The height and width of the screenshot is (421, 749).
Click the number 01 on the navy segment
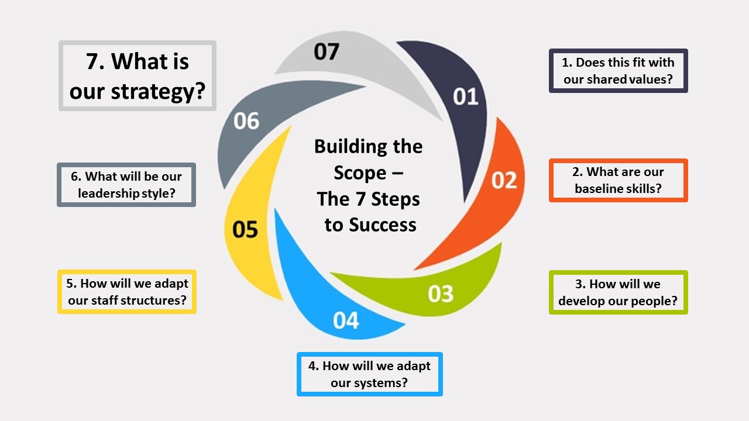pyautogui.click(x=466, y=96)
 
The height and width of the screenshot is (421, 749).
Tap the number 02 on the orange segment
pyautogui.click(x=504, y=180)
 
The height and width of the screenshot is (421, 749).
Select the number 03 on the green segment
pyautogui.click(x=441, y=294)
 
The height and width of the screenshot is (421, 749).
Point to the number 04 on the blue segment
pyautogui.click(x=346, y=320)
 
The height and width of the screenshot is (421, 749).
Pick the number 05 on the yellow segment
pyautogui.click(x=245, y=229)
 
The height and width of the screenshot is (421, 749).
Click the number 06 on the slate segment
pyautogui.click(x=246, y=121)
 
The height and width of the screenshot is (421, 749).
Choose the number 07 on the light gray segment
pyautogui.click(x=326, y=51)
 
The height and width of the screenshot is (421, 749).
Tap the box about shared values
pyautogui.click(x=618, y=71)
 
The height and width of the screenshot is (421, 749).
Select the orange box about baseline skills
pyautogui.click(x=618, y=180)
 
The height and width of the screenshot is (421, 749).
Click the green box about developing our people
pyautogui.click(x=618, y=292)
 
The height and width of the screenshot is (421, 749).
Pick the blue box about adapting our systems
pyautogui.click(x=369, y=374)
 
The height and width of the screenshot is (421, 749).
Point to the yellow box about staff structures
pyautogui.click(x=127, y=292)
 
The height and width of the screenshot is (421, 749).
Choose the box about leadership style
pyautogui.click(x=126, y=185)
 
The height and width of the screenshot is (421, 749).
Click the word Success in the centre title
pyautogui.click(x=387, y=225)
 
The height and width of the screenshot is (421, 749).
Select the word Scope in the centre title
pyautogui.click(x=360, y=173)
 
